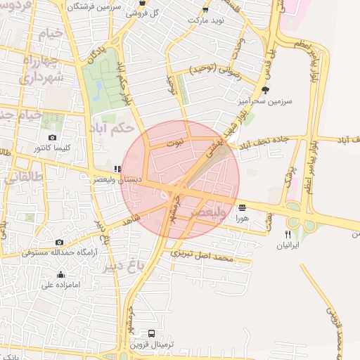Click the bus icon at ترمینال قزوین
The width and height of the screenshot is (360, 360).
[151, 333]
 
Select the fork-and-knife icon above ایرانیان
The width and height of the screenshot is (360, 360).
[288, 234]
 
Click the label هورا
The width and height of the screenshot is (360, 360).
[243, 219]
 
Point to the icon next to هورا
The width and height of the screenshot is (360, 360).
[243, 207]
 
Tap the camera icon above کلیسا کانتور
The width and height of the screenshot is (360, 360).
[52, 138]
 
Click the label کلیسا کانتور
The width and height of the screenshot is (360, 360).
[51, 149]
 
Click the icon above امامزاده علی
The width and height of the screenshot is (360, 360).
[60, 274]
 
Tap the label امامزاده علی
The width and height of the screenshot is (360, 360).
[60, 285]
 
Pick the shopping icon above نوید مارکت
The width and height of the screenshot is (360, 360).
[205, 10]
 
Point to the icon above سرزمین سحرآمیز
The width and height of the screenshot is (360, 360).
[265, 90]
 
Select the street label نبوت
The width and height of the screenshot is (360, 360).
[174, 143]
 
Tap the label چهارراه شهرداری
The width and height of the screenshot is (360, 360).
[39, 68]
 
